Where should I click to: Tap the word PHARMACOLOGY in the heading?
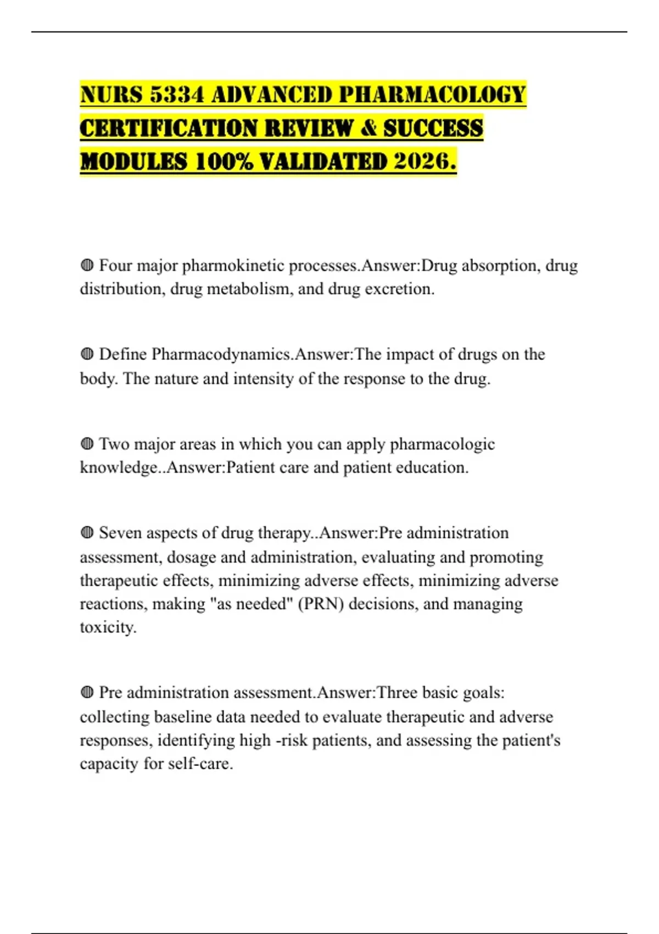pos(432,94)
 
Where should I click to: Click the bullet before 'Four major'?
pos(87,266)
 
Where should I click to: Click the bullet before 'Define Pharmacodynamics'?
pos(87,354)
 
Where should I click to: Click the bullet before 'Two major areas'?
pos(87,444)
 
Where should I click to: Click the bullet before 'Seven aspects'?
pos(87,533)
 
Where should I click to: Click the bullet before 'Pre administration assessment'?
pos(87,693)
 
